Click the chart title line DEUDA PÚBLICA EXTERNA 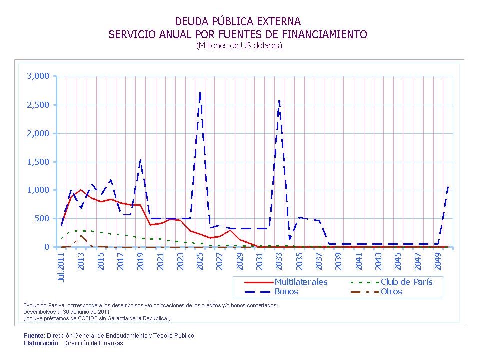(x=238, y=21)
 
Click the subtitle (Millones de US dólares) (x=239, y=45)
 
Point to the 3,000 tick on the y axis (x=38, y=76)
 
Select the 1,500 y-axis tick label (x=38, y=162)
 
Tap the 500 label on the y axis (x=42, y=218)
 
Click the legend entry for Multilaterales (x=301, y=282)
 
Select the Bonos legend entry (x=286, y=291)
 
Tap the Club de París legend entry (x=406, y=282)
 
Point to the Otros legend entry (x=391, y=291)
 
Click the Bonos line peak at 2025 (x=200, y=92)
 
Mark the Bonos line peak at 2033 (x=279, y=101)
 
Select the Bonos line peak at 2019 (x=141, y=160)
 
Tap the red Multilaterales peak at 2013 (x=81, y=190)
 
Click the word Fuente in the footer (x=34, y=336)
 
